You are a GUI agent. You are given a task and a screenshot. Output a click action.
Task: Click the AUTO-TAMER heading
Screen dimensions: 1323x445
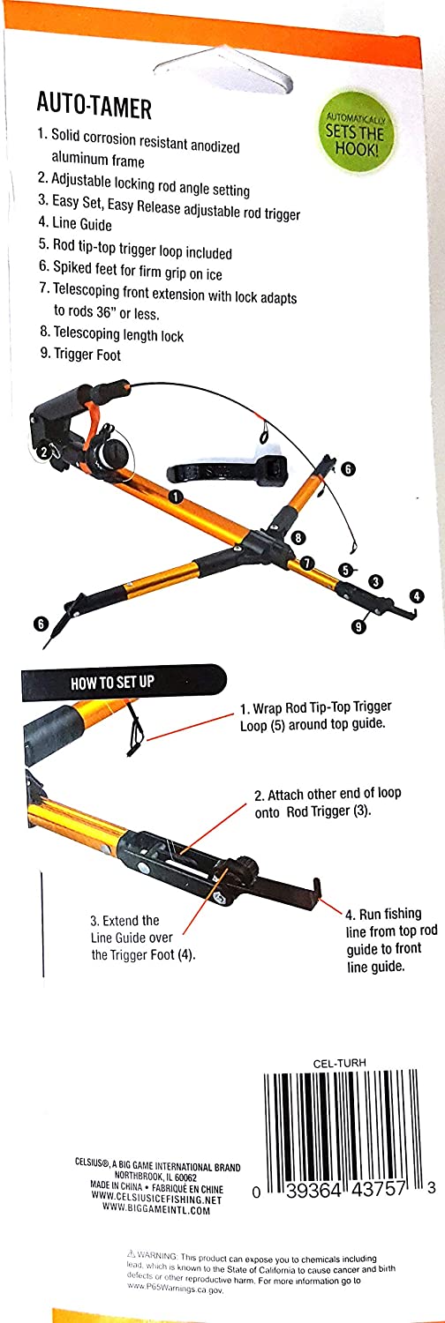tap(94, 108)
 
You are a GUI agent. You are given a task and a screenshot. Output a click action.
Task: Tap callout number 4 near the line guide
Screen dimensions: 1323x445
tap(416, 596)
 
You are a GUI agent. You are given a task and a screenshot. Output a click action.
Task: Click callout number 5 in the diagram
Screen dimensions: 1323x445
tap(347, 570)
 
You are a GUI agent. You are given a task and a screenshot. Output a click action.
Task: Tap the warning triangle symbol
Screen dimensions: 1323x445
tap(130, 1252)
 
